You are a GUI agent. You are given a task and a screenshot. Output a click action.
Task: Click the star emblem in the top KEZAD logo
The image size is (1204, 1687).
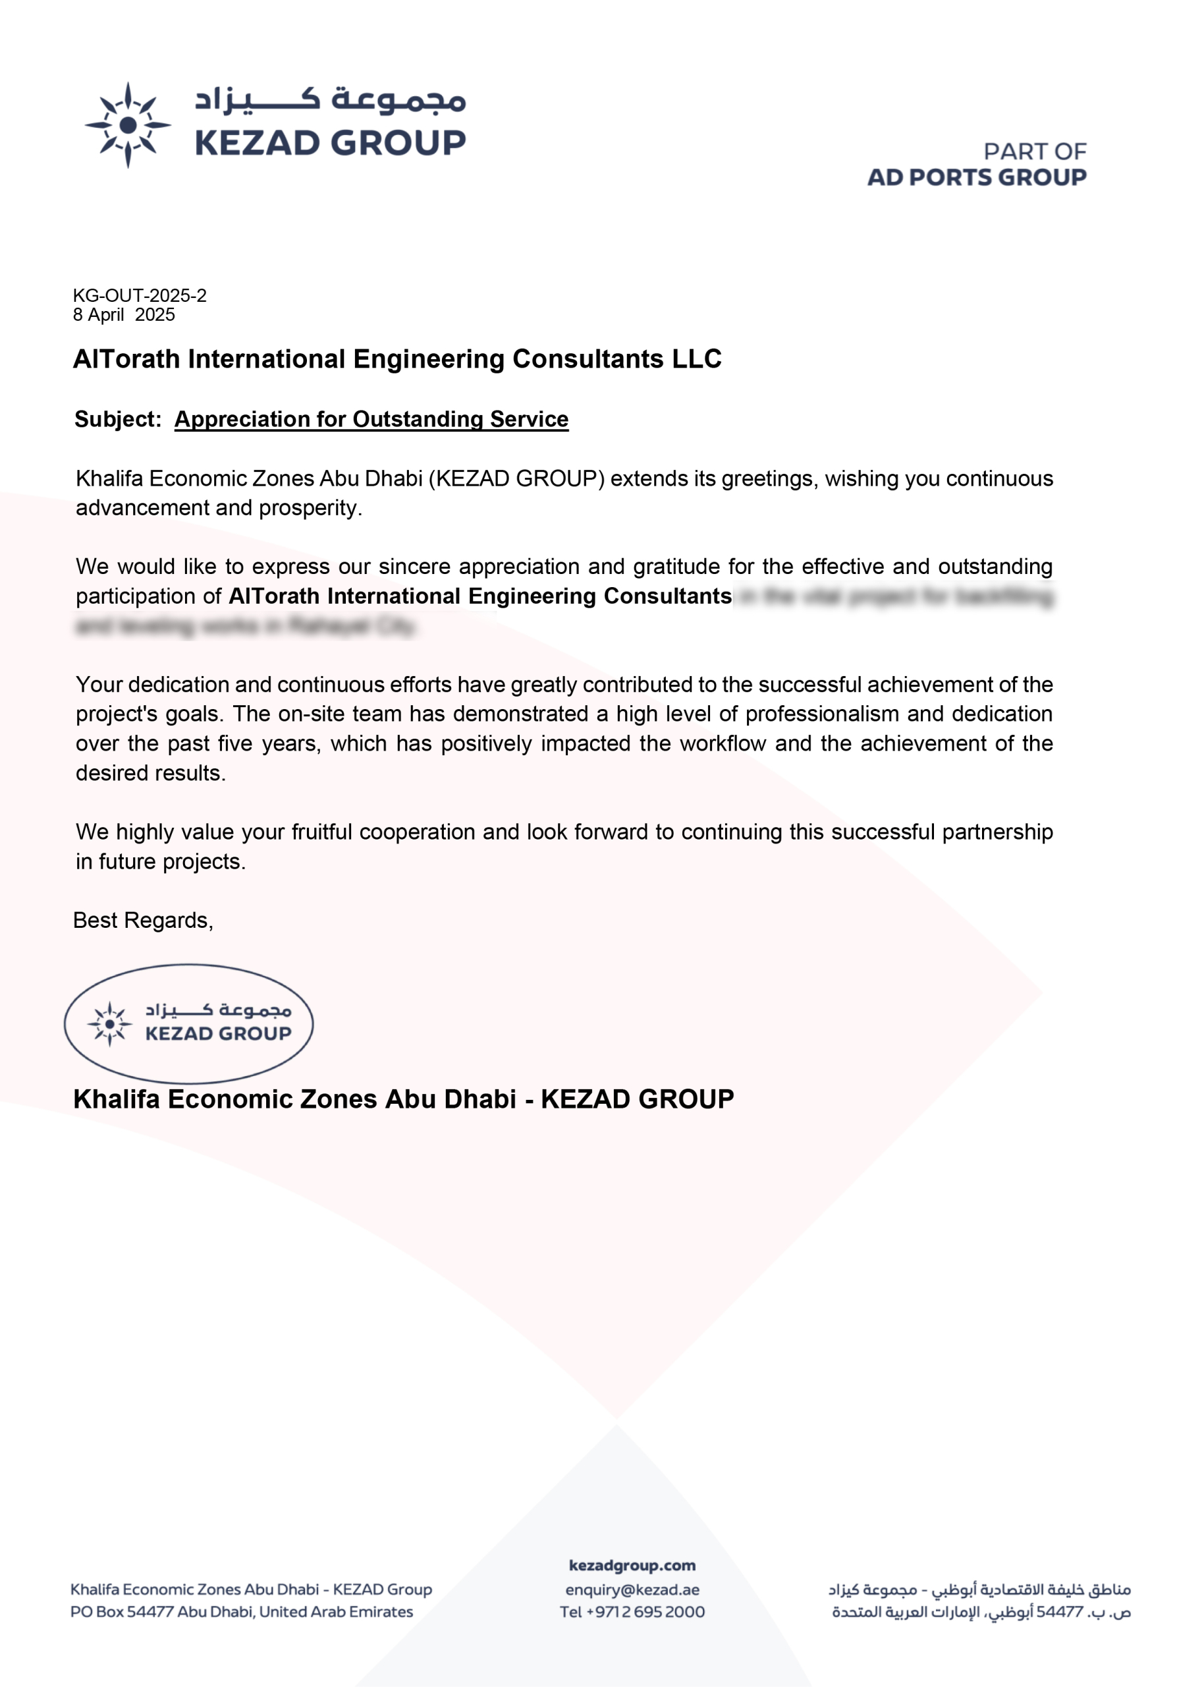128,125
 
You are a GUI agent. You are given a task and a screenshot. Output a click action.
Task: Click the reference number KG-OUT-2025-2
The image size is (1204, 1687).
140,296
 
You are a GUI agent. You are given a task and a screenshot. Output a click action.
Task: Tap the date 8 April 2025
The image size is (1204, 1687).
124,315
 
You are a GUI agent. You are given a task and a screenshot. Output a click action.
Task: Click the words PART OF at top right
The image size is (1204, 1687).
1034,152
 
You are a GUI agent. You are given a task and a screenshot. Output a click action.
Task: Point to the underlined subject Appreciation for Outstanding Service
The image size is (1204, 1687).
371,419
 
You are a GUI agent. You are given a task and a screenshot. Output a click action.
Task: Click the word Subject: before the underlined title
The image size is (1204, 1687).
118,419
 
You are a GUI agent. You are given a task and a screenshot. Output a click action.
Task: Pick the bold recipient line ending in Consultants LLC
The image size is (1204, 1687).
397,359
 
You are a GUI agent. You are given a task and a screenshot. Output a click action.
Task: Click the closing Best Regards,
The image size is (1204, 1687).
143,920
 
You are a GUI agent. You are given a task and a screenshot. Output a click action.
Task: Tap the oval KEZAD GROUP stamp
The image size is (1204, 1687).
188,1023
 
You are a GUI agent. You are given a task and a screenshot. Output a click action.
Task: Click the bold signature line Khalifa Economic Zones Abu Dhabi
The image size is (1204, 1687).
403,1099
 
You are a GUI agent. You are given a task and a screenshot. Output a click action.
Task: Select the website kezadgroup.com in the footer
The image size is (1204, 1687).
632,1565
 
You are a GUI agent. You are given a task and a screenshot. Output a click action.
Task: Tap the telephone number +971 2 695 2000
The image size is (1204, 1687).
645,1612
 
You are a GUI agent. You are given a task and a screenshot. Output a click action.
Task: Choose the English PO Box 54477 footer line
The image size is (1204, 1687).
241,1612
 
